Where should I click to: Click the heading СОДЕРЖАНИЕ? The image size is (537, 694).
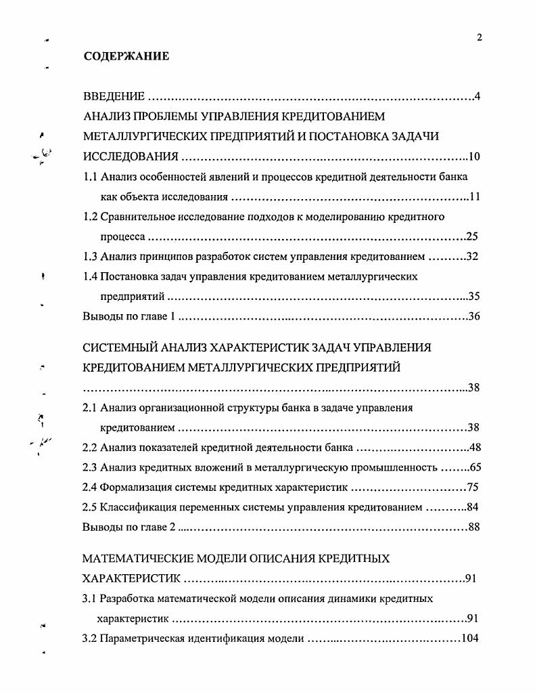126,57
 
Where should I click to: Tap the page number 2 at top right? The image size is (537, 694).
479,38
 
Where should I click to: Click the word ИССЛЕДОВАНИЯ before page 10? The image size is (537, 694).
131,158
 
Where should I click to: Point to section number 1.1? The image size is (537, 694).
90,177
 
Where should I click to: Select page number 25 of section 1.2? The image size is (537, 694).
472,237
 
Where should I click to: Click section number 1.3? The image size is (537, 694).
90,257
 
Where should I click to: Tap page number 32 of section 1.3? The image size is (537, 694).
472,257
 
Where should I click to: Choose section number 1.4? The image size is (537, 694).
90,276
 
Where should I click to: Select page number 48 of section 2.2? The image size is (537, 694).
473,448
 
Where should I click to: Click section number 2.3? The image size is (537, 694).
90,467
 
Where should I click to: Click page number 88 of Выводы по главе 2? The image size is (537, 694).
473,527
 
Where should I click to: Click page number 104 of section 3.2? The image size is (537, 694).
469,638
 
